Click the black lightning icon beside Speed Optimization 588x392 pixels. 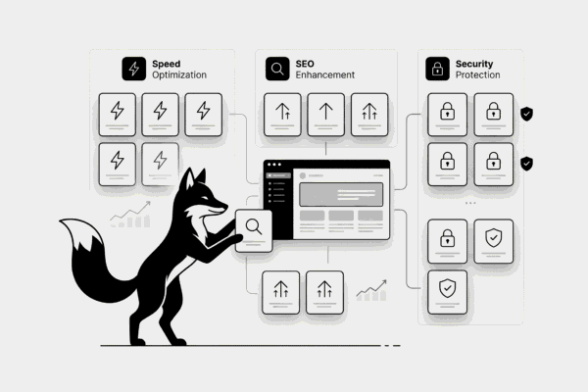[x=132, y=69]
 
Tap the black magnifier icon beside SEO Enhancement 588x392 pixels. [x=277, y=69]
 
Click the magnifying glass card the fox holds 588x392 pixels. [x=254, y=229]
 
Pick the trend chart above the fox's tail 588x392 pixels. [x=130, y=213]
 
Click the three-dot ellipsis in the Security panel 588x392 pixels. [x=469, y=204]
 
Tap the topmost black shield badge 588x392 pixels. [x=527, y=115]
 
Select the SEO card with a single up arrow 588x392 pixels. [x=325, y=114]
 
